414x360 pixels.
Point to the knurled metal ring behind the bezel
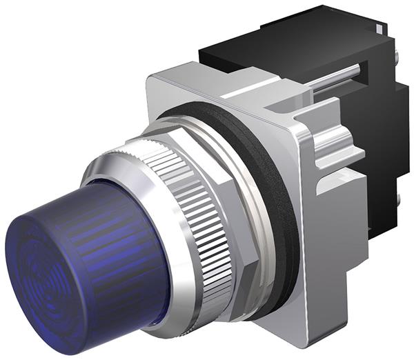(x=200, y=207)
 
